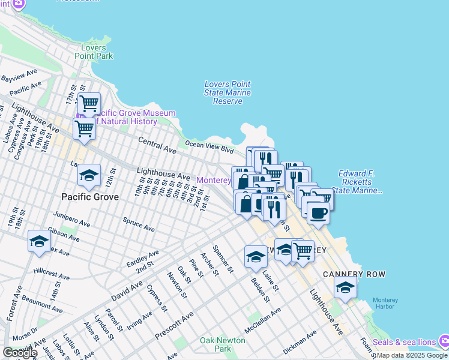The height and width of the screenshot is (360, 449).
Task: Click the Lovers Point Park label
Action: click(x=94, y=51)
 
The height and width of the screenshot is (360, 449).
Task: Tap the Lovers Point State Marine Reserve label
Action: click(x=228, y=93)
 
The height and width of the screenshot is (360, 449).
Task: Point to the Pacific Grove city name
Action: click(x=90, y=196)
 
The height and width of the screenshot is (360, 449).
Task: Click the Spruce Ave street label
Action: click(x=139, y=226)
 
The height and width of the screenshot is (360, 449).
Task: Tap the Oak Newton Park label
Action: click(x=223, y=344)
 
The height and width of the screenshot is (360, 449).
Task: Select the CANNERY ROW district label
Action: click(x=354, y=274)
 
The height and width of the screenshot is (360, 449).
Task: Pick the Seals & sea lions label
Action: click(x=404, y=342)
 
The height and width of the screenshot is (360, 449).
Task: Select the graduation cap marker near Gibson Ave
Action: click(x=39, y=241)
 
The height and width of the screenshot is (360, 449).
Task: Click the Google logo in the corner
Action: click(x=20, y=353)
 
